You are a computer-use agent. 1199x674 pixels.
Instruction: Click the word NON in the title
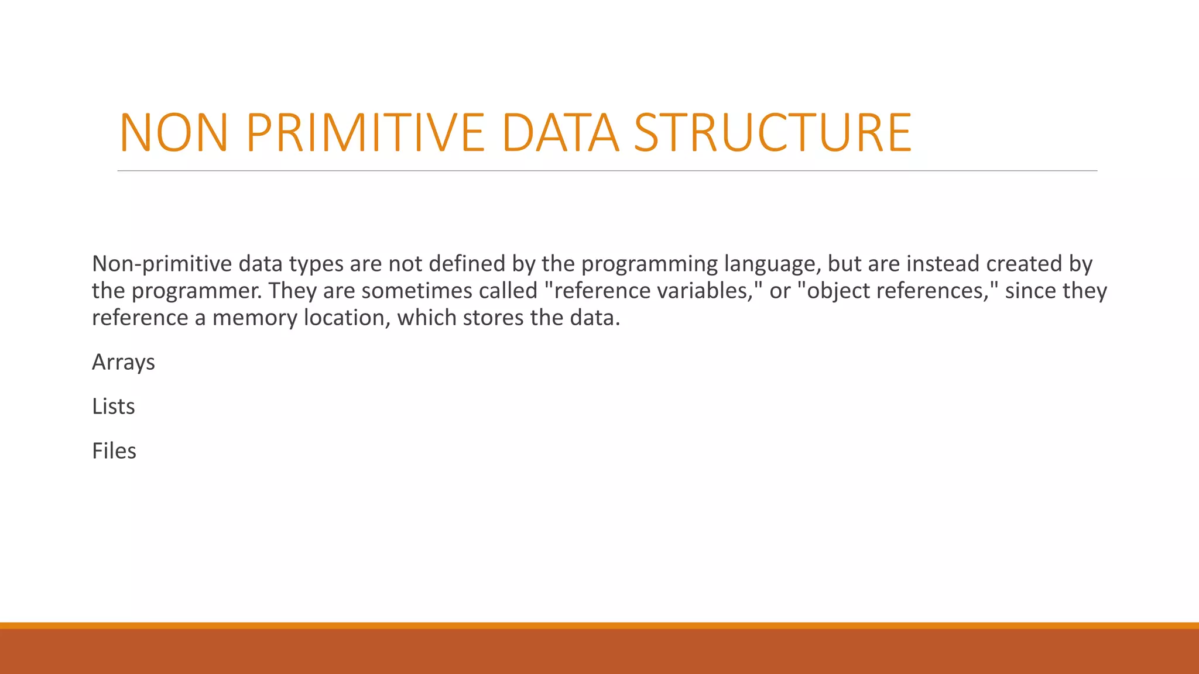(x=173, y=133)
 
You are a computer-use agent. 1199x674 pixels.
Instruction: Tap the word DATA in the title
(x=560, y=133)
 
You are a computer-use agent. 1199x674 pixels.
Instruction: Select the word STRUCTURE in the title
(x=773, y=133)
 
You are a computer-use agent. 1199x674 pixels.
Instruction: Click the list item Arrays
(x=124, y=363)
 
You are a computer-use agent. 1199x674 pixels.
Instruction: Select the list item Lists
(x=114, y=407)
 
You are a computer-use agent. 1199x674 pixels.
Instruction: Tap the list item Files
(x=114, y=451)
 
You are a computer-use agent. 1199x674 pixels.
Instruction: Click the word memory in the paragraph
(x=255, y=318)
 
